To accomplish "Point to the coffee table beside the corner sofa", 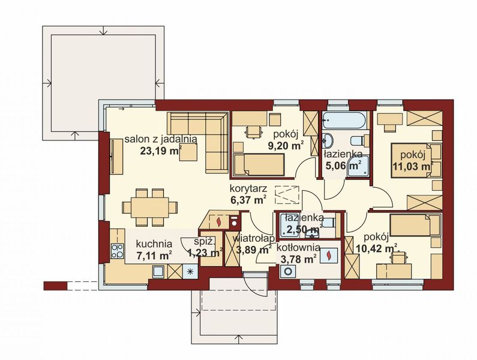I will click(x=190, y=154).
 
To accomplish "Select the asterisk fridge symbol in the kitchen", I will click(x=190, y=271).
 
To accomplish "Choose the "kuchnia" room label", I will click(x=154, y=244).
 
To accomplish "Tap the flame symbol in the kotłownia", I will click(x=329, y=256).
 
